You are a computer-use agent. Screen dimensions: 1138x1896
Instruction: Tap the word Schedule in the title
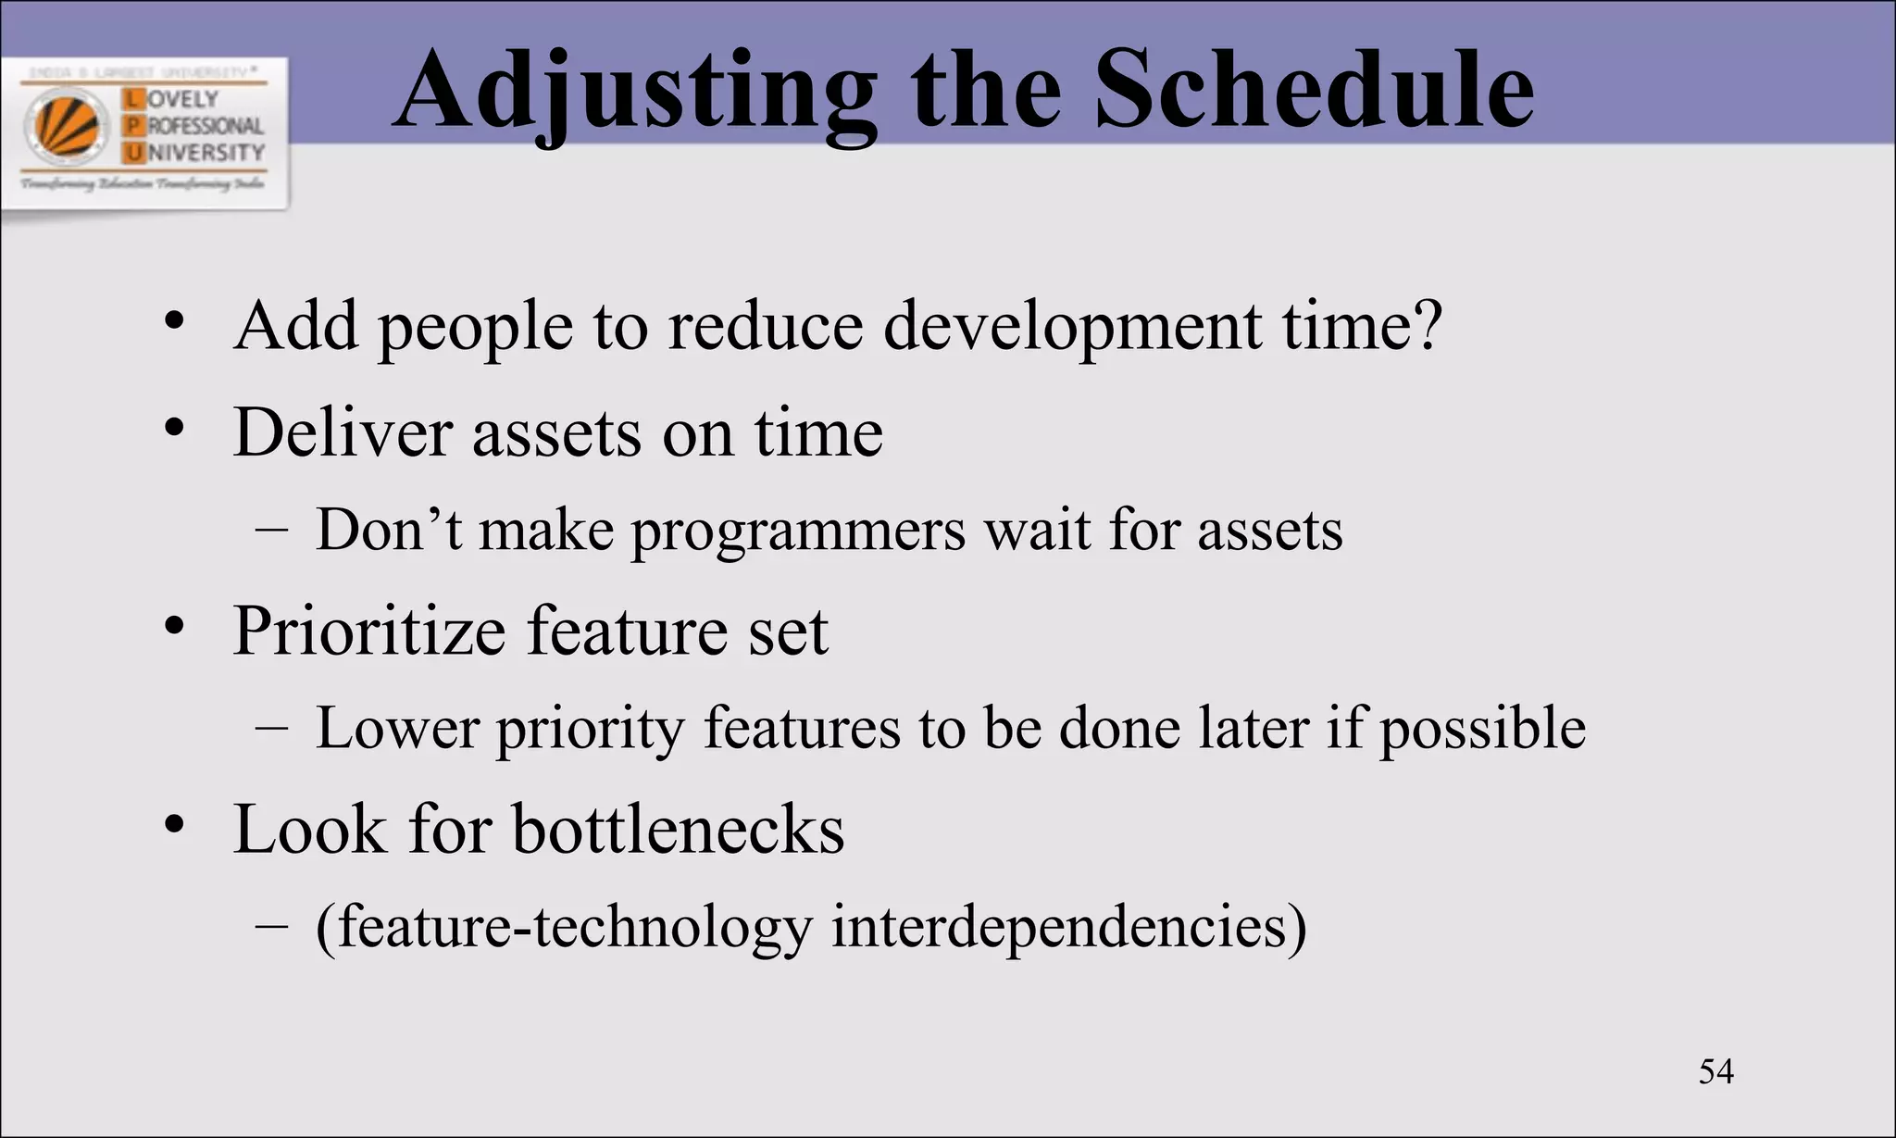[1314, 89]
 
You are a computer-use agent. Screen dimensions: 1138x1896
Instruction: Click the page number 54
[1715, 1071]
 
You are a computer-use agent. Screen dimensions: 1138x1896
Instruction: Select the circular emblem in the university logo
[66, 126]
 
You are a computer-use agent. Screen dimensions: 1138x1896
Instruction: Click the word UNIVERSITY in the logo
[205, 152]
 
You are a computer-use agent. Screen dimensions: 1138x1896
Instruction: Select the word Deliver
[343, 432]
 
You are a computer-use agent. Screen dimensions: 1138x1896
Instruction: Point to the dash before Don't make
[270, 531]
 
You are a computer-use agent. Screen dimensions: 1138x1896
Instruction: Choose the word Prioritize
[368, 632]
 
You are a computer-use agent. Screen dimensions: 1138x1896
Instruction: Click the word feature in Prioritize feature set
[627, 632]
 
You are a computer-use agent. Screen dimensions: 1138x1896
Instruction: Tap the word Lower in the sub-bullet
[397, 728]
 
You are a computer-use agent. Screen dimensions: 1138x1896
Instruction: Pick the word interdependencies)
[1068, 927]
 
